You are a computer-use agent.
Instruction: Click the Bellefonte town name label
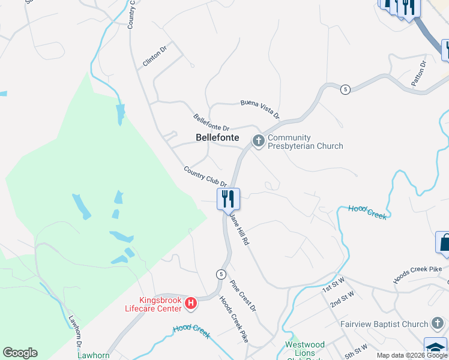217,137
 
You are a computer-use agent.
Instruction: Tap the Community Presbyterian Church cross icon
259,142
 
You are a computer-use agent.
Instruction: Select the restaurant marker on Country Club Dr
228,199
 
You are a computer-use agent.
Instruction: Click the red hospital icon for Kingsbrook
191,304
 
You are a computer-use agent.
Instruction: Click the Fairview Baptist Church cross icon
438,324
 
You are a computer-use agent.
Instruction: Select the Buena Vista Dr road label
261,107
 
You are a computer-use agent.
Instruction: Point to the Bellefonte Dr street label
211,123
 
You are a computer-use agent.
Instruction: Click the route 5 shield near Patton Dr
345,89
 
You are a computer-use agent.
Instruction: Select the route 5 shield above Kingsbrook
221,274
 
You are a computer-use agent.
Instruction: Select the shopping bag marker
443,243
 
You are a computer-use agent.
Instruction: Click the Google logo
20,353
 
